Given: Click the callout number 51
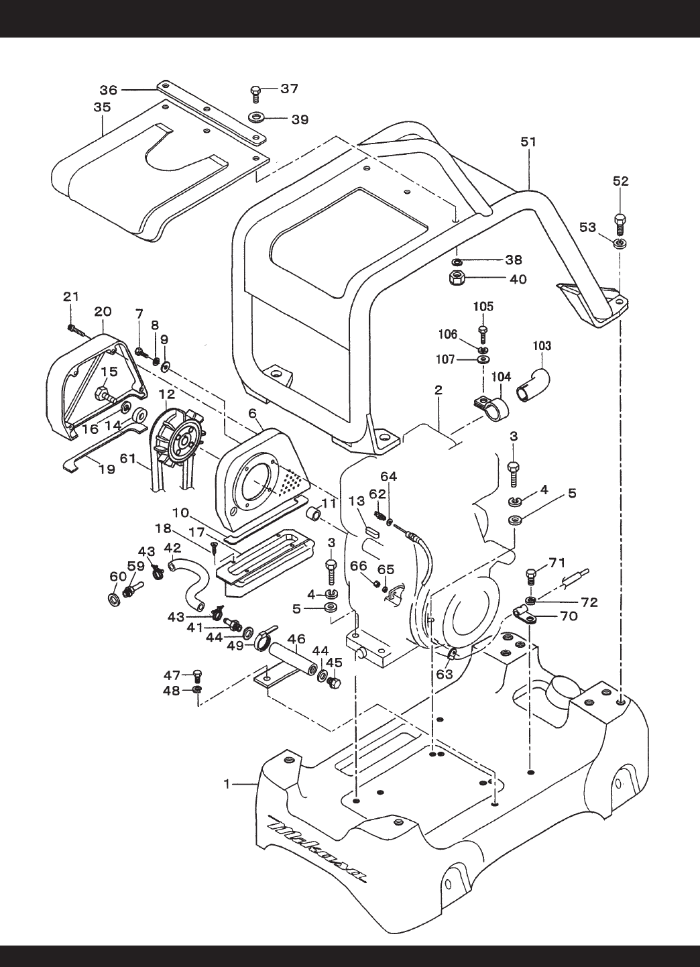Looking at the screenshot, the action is click(528, 141).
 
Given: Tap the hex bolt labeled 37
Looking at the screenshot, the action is click(255, 93).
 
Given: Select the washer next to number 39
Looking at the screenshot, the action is click(257, 117).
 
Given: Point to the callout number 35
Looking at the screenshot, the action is click(103, 107).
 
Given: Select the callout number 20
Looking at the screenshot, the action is click(103, 311).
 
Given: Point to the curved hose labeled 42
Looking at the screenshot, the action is click(190, 583).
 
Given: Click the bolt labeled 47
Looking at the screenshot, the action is click(198, 675).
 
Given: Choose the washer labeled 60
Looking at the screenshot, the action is click(115, 600).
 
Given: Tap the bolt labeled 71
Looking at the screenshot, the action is click(532, 579).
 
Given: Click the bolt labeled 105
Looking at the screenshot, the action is click(483, 335).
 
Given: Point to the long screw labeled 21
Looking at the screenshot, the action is click(78, 333).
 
